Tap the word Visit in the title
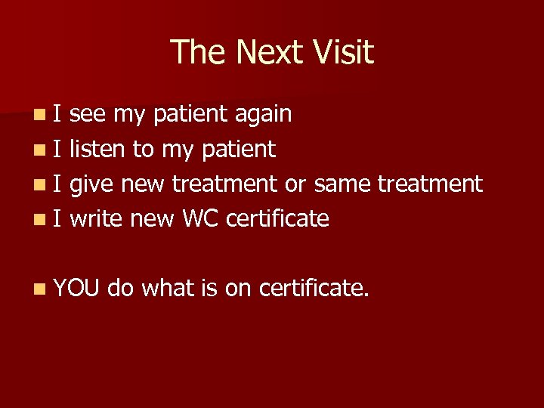(x=345, y=52)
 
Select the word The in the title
(x=198, y=52)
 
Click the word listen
(x=98, y=149)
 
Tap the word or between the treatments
(x=295, y=184)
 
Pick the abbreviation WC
(x=200, y=218)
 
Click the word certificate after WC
(x=277, y=218)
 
